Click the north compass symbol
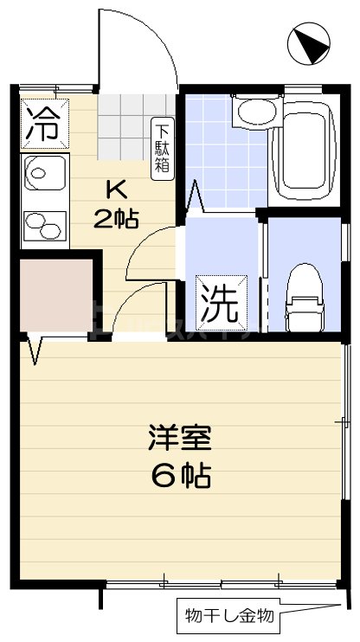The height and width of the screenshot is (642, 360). (x=308, y=44)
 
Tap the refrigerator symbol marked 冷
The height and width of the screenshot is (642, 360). (x=42, y=123)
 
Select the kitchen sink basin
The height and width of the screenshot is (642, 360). (x=42, y=173)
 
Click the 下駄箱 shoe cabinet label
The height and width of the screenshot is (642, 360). (x=162, y=148)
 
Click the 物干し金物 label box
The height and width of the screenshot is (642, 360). (x=229, y=617)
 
